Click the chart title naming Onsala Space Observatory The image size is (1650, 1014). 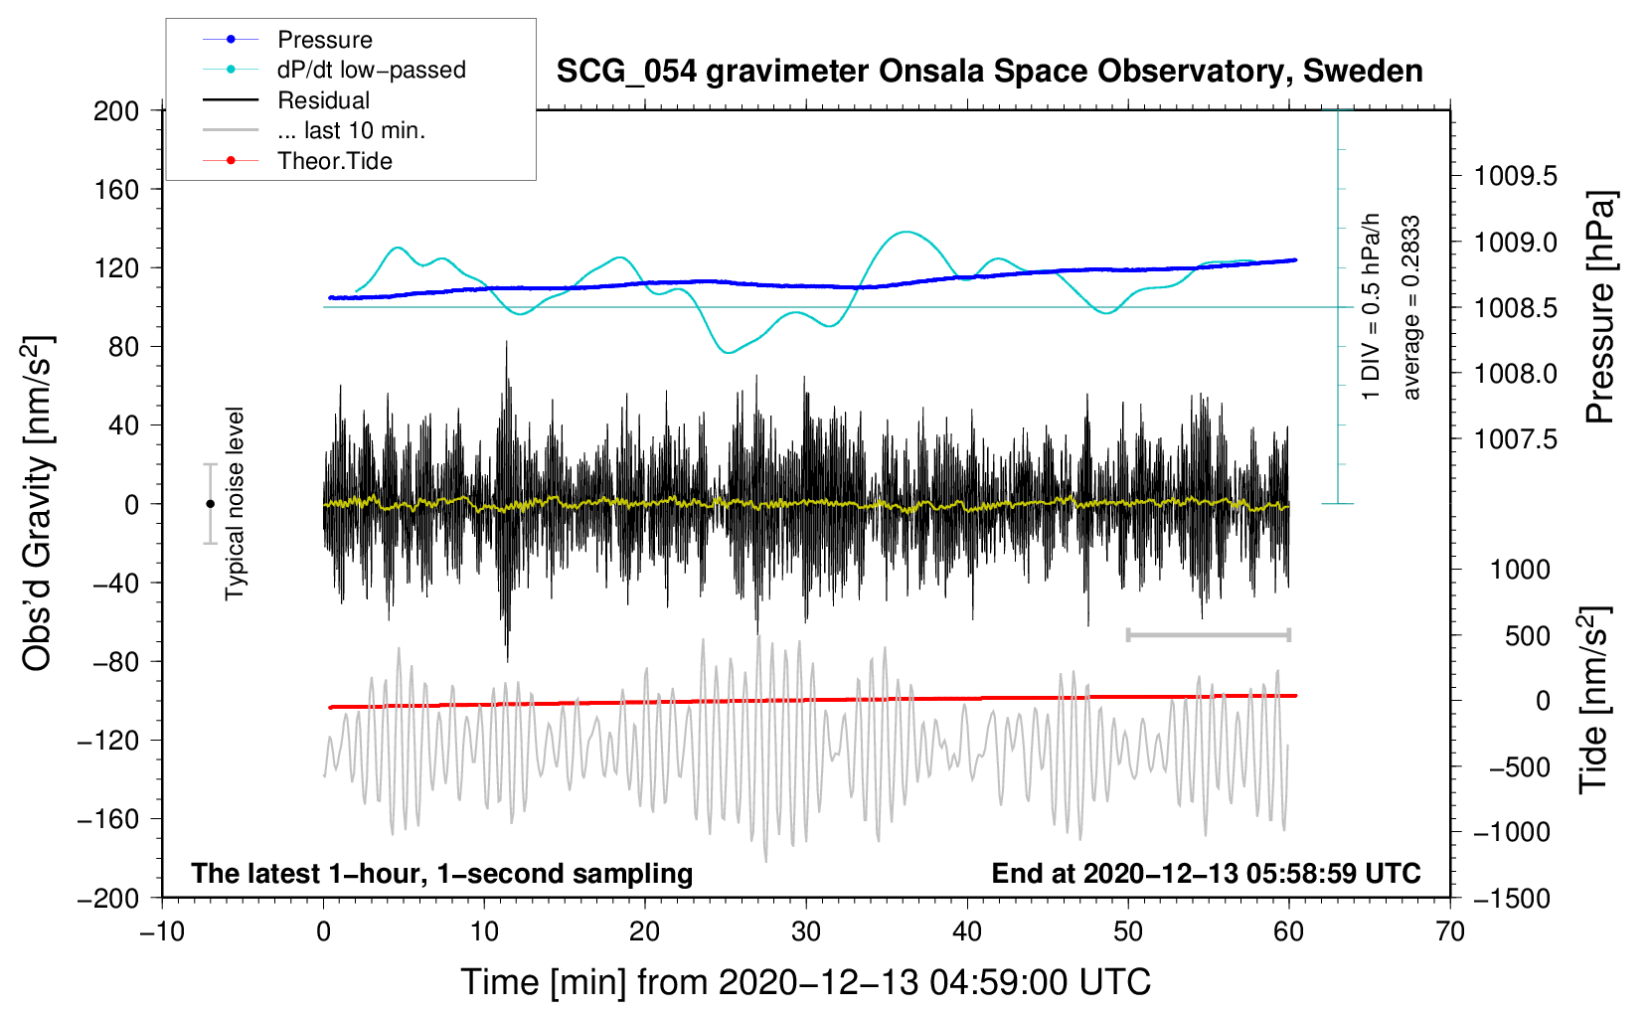[989, 72]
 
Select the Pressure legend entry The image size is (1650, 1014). [324, 40]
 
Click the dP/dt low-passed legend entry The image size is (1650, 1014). [371, 70]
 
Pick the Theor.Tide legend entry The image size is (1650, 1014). [334, 161]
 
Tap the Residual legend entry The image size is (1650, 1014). [323, 100]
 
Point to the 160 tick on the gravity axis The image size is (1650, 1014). [116, 189]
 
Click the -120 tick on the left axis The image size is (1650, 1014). [110, 741]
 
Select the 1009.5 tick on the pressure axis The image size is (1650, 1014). [1515, 177]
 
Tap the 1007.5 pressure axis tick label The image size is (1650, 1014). [1515, 439]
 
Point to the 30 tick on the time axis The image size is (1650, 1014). [806, 931]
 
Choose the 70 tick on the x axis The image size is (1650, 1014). [1450, 931]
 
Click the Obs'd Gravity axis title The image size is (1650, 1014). [38, 504]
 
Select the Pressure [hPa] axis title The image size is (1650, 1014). [1600, 308]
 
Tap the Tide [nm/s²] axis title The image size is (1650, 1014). [1594, 700]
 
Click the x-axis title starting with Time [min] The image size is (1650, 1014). [806, 982]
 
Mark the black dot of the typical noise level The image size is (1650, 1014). [210, 504]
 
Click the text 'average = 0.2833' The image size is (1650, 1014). [1411, 308]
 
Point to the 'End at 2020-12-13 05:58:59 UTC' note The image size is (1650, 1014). [1206, 874]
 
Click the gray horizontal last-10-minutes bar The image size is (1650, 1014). [1208, 634]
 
